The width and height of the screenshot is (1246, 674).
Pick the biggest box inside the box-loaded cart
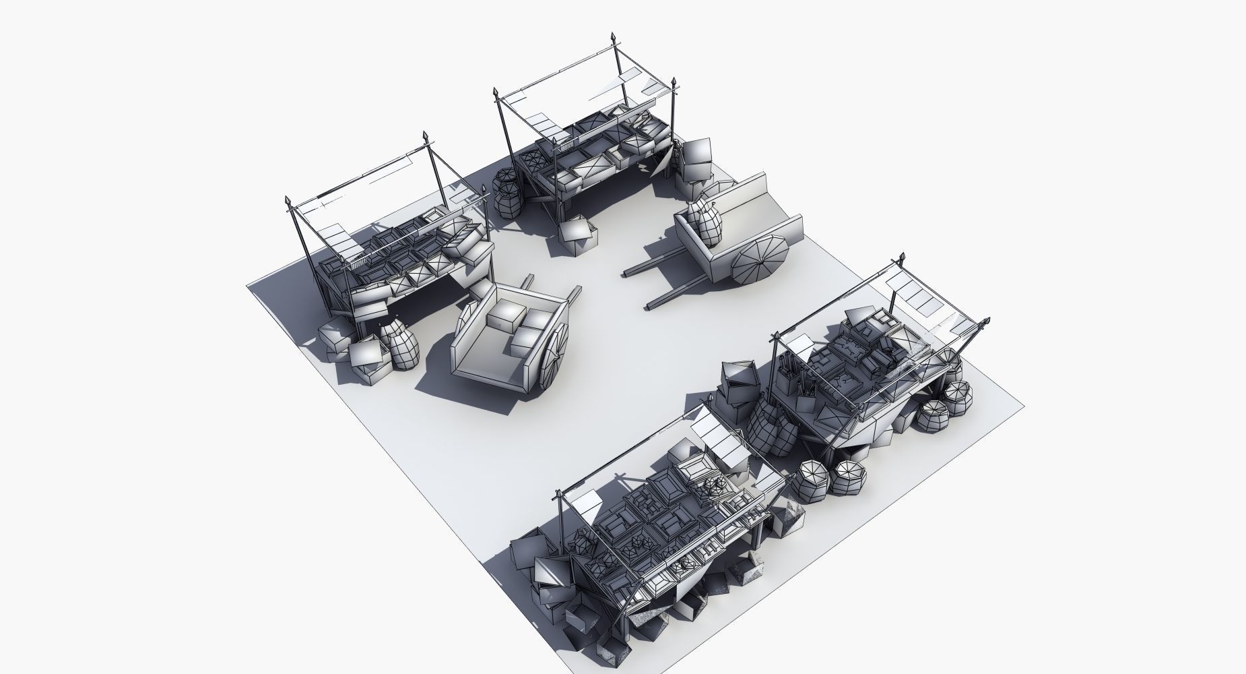coord(506,315)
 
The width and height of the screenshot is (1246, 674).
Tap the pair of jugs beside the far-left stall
coord(399,345)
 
